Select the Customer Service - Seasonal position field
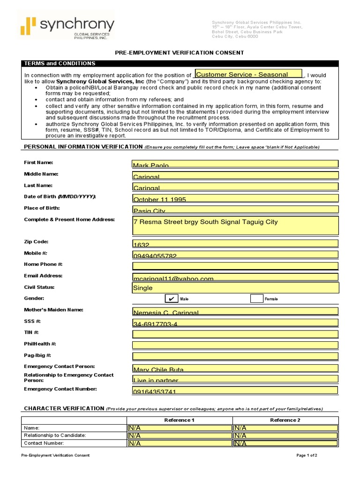248,74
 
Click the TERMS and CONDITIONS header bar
180,63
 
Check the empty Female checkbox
256,299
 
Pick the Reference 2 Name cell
285,428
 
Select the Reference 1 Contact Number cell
179,443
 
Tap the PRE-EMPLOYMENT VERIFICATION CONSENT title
180,52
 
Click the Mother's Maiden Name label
53,310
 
